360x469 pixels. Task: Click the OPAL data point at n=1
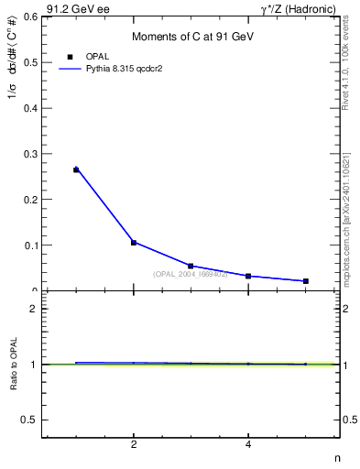76,169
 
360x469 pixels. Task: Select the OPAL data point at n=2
134,243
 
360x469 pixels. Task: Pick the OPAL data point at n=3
191,266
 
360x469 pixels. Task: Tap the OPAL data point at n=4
248,276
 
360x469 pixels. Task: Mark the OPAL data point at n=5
305,281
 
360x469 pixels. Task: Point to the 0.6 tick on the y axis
30,16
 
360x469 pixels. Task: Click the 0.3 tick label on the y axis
30,153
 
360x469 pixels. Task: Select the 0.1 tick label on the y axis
30,245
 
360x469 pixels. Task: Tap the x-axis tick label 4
248,445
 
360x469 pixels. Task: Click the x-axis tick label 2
134,445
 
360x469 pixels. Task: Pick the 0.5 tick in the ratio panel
30,420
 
